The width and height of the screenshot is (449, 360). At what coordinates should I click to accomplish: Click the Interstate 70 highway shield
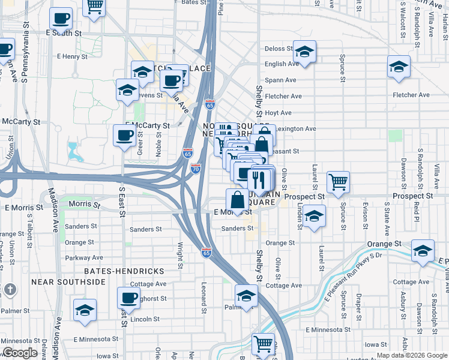(x=196, y=169)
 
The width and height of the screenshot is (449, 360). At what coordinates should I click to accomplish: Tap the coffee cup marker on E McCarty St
(x=124, y=135)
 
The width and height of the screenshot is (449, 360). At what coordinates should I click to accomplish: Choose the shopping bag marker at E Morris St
(x=237, y=199)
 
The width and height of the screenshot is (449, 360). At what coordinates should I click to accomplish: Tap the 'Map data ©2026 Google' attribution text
(x=412, y=355)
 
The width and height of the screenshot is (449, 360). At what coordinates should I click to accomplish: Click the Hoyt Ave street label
(x=278, y=113)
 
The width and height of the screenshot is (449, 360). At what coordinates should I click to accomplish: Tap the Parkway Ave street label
(x=85, y=258)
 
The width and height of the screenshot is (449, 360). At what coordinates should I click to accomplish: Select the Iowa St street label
(x=375, y=344)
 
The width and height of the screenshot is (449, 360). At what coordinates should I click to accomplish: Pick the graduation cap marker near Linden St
(x=314, y=215)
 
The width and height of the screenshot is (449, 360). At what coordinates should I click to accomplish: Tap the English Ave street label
(x=281, y=64)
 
